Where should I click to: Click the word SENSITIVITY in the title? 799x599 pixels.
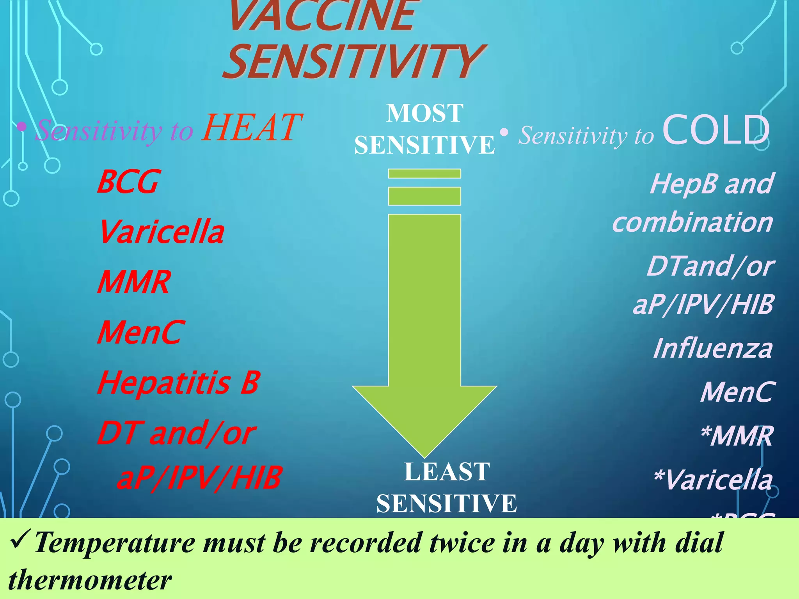(353, 62)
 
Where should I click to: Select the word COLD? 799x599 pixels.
(716, 130)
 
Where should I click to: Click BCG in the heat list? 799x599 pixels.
(128, 182)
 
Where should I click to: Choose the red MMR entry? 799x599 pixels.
(134, 282)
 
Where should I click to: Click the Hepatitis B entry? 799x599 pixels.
(178, 383)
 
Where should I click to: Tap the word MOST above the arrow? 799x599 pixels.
(424, 113)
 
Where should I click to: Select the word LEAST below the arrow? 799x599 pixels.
(447, 472)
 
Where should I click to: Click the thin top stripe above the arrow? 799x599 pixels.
(424, 174)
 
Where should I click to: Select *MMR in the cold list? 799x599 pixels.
(736, 436)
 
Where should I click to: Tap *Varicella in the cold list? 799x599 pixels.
(713, 480)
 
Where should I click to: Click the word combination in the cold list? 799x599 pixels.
(692, 223)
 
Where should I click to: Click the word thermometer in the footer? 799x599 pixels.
(90, 580)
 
